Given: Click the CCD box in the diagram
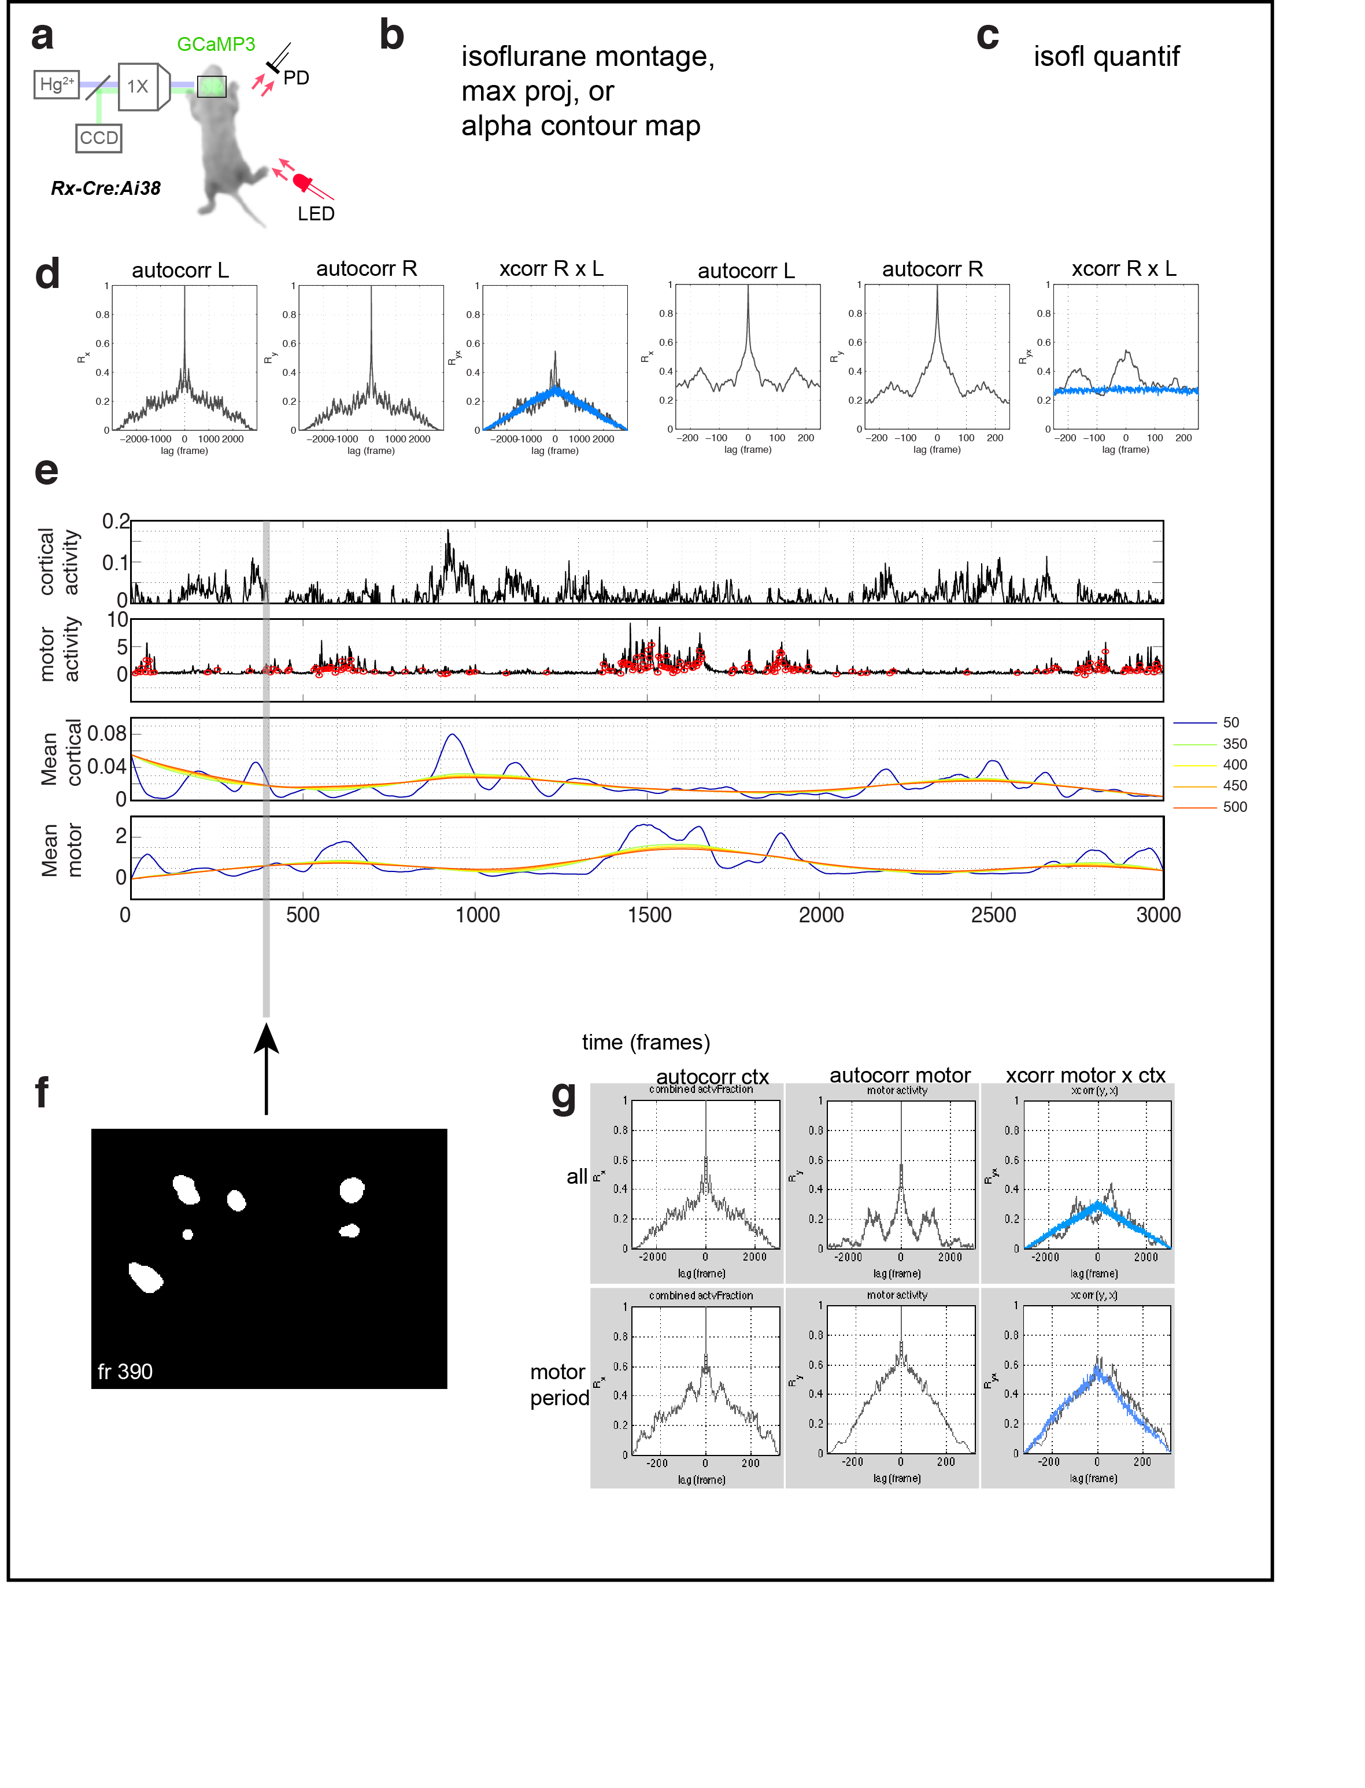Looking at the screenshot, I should pos(99,138).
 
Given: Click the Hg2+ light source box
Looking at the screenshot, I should pos(56,84).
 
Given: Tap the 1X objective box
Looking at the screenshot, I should pos(138,86).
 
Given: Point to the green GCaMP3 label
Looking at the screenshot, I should pos(216,45).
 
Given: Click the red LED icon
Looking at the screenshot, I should pos(303,183).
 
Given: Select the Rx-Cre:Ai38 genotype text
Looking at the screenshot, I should pos(106,189).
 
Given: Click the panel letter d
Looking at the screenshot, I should pos(47,274).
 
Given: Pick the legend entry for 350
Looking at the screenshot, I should pos(1234,744).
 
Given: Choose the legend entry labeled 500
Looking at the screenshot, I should pos(1234,807).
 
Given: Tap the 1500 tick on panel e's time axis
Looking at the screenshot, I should pos(649,915).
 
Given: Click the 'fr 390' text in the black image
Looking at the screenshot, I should pos(125,1372).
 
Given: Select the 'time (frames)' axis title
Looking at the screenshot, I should pos(646,1043).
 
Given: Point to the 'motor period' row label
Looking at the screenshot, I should pos(559,1385).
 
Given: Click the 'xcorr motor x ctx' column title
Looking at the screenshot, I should pos(1086,1075).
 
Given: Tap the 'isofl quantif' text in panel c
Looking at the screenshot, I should pos(1106,57).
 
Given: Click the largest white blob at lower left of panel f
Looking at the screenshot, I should pos(146,1277).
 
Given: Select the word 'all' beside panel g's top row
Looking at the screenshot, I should pos(577,1177).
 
